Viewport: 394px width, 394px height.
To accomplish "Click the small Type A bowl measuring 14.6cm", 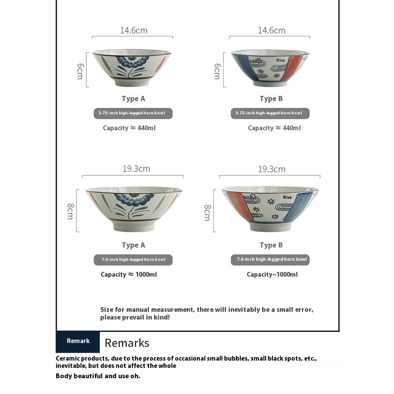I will [x=132, y=67].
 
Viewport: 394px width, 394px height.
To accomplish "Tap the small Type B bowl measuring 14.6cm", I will [x=270, y=67].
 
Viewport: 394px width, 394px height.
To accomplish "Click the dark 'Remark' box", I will [x=78, y=341].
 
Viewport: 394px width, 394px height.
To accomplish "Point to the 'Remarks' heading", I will [x=127, y=343].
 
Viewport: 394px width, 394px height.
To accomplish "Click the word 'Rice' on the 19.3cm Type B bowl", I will [x=288, y=197].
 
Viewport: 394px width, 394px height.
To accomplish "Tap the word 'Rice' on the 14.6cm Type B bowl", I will [x=280, y=61].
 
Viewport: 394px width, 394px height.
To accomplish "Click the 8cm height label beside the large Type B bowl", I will [x=208, y=212].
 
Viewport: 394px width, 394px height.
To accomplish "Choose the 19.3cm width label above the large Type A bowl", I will [x=136, y=169].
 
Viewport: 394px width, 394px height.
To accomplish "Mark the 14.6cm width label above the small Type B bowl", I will [x=271, y=31].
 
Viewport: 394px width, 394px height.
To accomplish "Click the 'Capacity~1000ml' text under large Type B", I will [x=272, y=274].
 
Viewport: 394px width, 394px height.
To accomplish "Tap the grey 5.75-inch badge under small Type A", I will [x=133, y=113].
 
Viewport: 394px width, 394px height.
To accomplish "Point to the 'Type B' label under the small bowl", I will [x=271, y=98].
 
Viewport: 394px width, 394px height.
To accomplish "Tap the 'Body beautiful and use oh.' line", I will [x=98, y=376].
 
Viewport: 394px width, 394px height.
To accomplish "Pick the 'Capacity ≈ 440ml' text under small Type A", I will [x=129, y=128].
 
